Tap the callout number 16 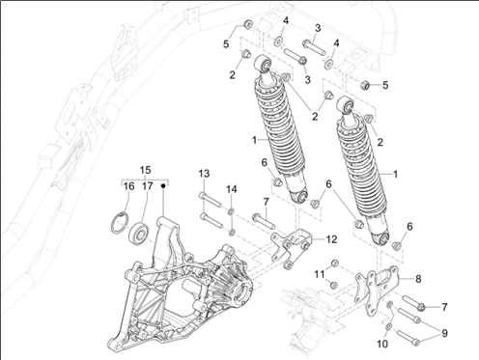pos(128,186)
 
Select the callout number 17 pos(146,186)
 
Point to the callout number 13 pos(205,173)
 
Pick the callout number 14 pos(232,188)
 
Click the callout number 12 pos(304,239)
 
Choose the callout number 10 pos(382,342)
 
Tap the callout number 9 pos(445,333)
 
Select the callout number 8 pos(418,278)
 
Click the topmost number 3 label pos(318,27)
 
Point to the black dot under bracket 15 pos(164,186)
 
